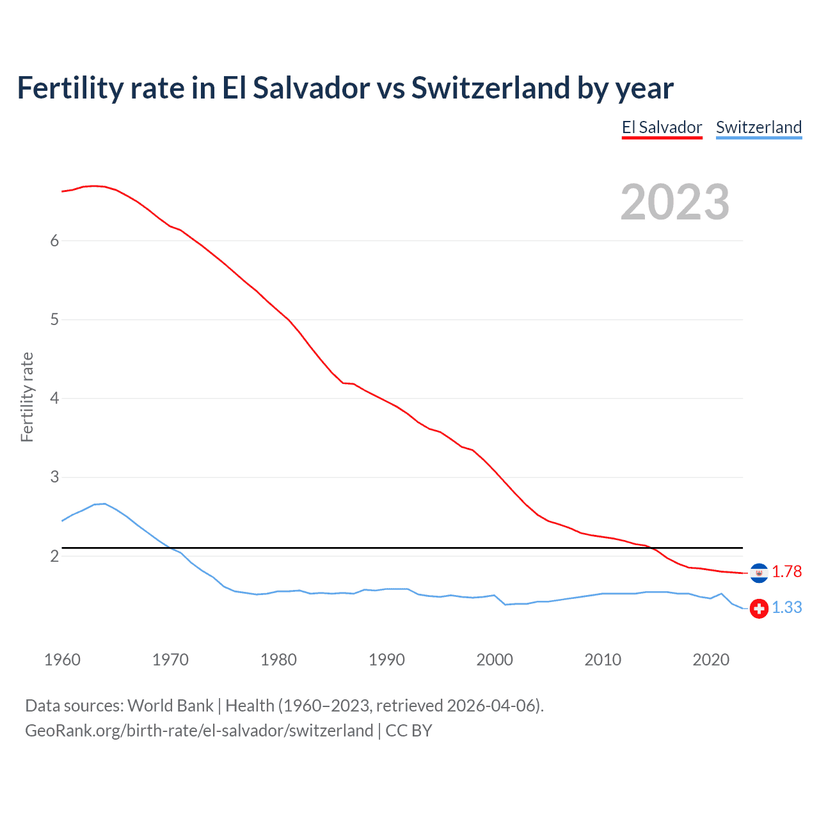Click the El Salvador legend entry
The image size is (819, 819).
662,127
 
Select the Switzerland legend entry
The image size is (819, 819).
758,127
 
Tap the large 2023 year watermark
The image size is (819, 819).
674,202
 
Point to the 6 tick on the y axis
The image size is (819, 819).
54,241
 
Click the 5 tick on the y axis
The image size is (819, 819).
54,319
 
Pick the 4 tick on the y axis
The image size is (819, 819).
54,398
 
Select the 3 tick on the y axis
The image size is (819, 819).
54,477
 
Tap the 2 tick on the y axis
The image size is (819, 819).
54,556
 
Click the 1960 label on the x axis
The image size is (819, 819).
62,660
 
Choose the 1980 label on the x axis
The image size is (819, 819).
278,660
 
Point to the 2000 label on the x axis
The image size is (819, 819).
495,660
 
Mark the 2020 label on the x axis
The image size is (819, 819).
711,660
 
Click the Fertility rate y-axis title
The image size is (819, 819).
27,397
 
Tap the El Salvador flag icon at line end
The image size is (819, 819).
759,573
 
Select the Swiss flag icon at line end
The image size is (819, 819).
759,608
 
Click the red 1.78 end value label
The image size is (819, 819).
786,571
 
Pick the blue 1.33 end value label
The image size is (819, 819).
786,607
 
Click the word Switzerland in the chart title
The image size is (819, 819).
489,88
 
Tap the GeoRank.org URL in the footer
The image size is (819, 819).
199,730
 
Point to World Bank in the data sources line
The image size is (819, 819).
170,705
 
